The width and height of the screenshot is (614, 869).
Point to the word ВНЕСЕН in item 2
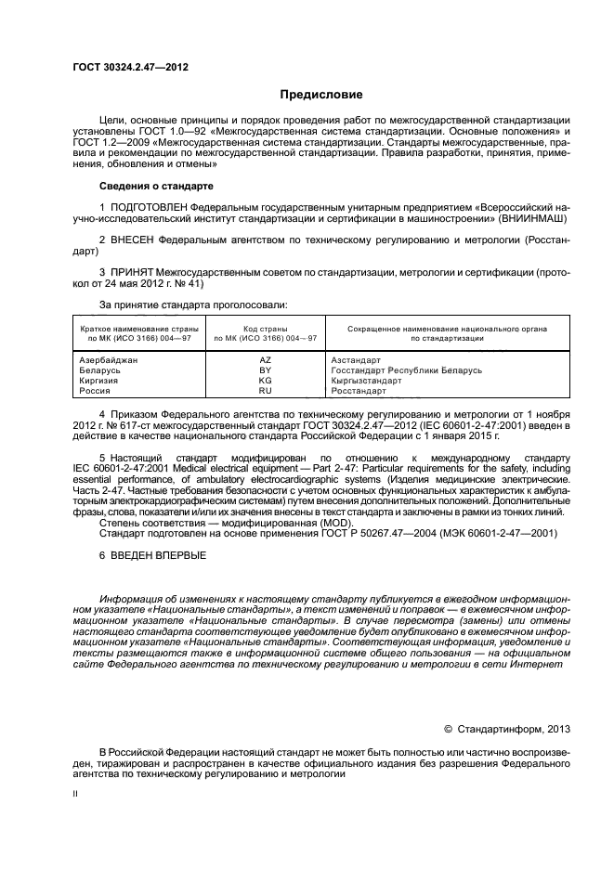(133, 240)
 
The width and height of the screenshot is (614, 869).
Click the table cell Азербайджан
(109, 359)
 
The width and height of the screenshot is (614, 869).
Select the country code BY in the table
(265, 370)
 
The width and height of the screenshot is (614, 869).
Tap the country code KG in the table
(265, 381)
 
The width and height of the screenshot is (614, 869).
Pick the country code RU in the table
(265, 392)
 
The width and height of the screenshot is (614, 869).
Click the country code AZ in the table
(265, 359)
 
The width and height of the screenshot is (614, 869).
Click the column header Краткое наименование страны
(136, 329)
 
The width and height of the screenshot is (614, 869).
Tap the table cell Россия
(95, 392)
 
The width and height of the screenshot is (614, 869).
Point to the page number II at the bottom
(76, 795)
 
